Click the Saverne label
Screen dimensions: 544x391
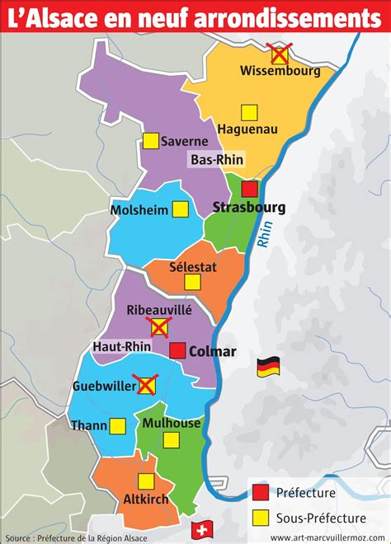coord(184,141)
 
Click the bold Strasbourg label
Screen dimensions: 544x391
coord(249,207)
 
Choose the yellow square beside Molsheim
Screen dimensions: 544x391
coord(181,209)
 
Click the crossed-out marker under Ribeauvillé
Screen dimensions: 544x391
coord(159,329)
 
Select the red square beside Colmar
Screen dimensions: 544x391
coord(177,351)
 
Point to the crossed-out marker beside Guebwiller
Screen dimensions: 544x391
coord(147,385)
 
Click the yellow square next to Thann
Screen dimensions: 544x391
coord(117,425)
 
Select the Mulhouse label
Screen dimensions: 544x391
coord(171,423)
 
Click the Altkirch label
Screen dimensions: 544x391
coord(146,499)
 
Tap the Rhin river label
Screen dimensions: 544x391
coord(266,238)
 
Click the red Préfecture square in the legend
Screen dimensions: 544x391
coord(261,494)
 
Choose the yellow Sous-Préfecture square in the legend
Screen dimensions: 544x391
coord(261,518)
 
